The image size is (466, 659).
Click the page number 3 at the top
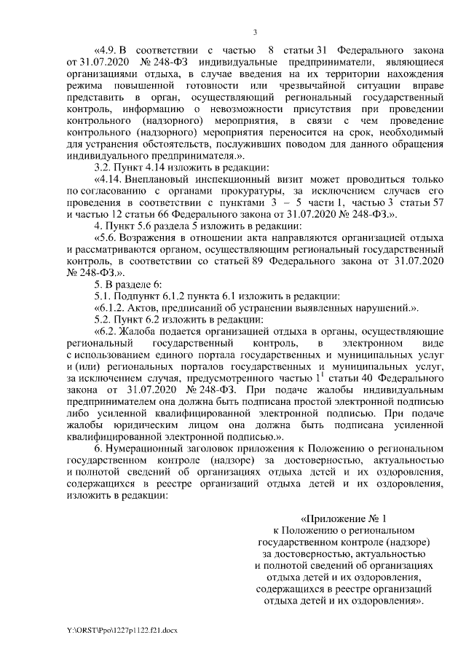[255, 31]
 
